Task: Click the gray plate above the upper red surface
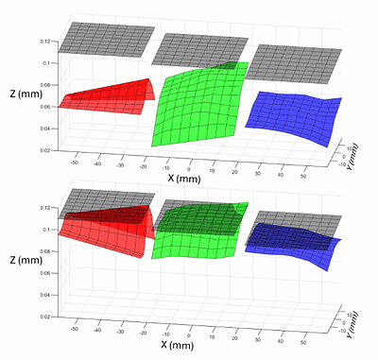tap(104, 38)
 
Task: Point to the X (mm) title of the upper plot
tap(185, 177)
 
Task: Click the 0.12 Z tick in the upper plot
tap(46, 43)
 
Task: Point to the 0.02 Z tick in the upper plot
tap(46, 150)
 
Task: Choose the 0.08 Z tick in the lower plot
tap(46, 251)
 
